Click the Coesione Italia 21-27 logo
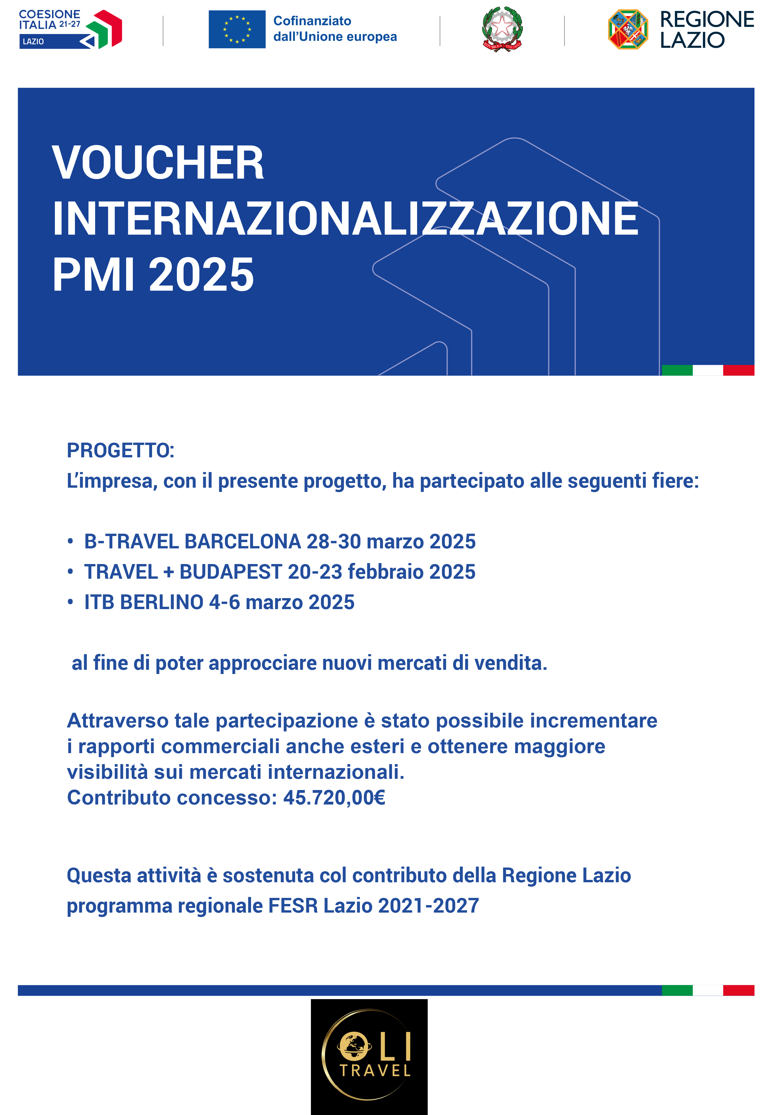(x=71, y=29)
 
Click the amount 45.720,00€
(x=334, y=798)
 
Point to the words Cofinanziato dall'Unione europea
(x=335, y=29)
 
